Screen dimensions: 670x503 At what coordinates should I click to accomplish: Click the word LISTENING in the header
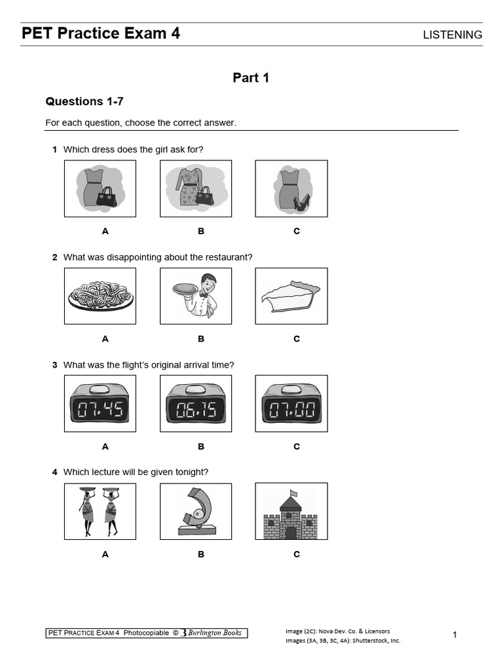[x=453, y=35]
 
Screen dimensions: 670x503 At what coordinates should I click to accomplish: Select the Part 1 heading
[x=251, y=78]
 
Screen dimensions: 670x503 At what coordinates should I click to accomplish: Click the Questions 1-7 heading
[x=84, y=101]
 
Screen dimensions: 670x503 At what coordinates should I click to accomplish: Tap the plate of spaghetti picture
[x=100, y=296]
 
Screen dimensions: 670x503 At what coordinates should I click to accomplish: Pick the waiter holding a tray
[x=196, y=295]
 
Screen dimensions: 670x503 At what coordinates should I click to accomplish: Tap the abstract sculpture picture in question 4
[x=196, y=511]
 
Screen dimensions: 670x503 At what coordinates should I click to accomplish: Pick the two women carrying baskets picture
[x=100, y=511]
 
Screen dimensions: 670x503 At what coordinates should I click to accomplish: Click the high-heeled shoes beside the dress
[x=301, y=203]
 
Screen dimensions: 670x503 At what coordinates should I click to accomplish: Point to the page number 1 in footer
[x=455, y=635]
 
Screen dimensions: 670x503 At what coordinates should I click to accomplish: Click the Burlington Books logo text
[x=214, y=633]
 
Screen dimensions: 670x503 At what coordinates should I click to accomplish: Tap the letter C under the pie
[x=297, y=339]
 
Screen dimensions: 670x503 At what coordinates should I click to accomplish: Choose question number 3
[x=55, y=365]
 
